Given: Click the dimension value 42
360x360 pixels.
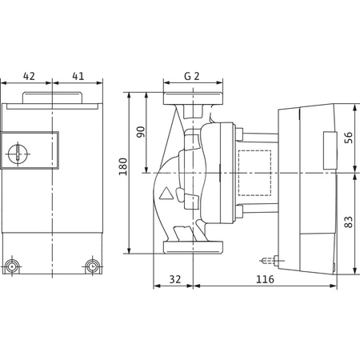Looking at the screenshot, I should click(x=29, y=76).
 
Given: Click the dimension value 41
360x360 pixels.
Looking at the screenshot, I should click(x=78, y=76).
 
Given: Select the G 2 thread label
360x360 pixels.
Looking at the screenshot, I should click(x=190, y=77).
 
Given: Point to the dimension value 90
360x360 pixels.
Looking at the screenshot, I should click(x=141, y=132).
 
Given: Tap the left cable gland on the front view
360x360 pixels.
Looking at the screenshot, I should click(x=12, y=266).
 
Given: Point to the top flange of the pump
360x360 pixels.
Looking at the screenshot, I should click(x=190, y=100).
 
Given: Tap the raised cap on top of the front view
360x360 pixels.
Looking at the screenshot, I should click(x=52, y=99).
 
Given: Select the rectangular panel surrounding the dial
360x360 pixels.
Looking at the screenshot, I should click(x=30, y=152).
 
